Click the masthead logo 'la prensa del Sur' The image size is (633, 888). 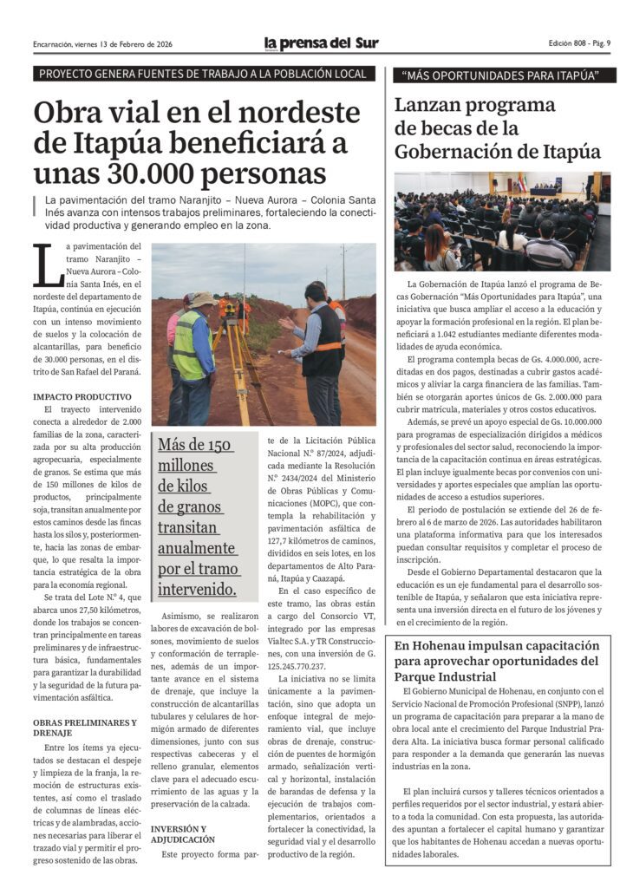321,43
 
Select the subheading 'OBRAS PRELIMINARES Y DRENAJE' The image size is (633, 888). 84,727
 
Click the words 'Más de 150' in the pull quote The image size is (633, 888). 195,445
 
